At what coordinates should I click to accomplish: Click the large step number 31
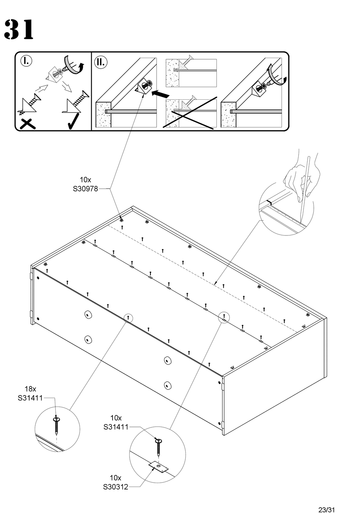point(19,29)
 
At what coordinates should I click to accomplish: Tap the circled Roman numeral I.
point(26,61)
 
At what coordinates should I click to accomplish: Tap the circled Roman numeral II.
point(101,62)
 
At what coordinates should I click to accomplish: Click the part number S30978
point(85,189)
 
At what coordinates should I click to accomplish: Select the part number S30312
point(115,487)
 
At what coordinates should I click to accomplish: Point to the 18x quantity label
point(30,389)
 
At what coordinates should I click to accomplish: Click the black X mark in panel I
point(27,124)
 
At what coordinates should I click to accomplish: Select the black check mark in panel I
point(74,121)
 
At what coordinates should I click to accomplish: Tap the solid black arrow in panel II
point(160,93)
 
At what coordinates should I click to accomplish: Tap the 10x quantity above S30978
point(85,180)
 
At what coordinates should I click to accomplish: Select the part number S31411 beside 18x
point(30,398)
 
